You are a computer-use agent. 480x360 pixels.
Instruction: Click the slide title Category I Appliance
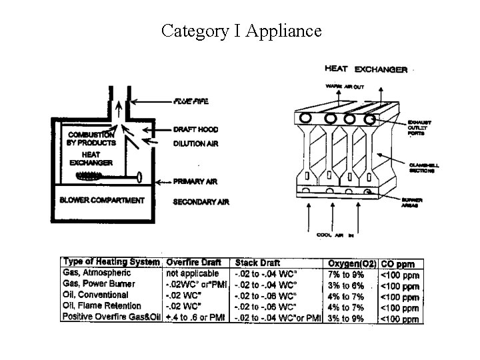[x=241, y=31]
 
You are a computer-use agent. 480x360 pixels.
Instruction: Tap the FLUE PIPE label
[x=191, y=101]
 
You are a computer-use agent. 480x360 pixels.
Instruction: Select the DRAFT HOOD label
[x=195, y=129]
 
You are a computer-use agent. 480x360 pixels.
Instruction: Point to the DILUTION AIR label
[x=195, y=143]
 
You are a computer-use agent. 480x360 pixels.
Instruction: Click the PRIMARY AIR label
[x=195, y=181]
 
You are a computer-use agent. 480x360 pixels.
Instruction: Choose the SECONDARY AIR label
[x=201, y=201]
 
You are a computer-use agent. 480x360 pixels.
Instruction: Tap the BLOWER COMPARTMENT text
[x=101, y=200]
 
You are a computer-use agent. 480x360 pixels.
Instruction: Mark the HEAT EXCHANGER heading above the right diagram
[x=365, y=69]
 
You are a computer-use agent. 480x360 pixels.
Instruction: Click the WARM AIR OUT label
[x=345, y=86]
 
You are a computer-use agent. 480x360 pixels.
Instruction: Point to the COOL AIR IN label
[x=333, y=235]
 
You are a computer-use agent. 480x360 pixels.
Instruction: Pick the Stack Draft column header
[x=258, y=263]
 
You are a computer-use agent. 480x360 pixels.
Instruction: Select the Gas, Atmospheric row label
[x=97, y=273]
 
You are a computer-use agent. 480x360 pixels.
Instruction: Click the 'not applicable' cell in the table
[x=192, y=273]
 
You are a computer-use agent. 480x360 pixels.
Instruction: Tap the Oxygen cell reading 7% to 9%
[x=347, y=274]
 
